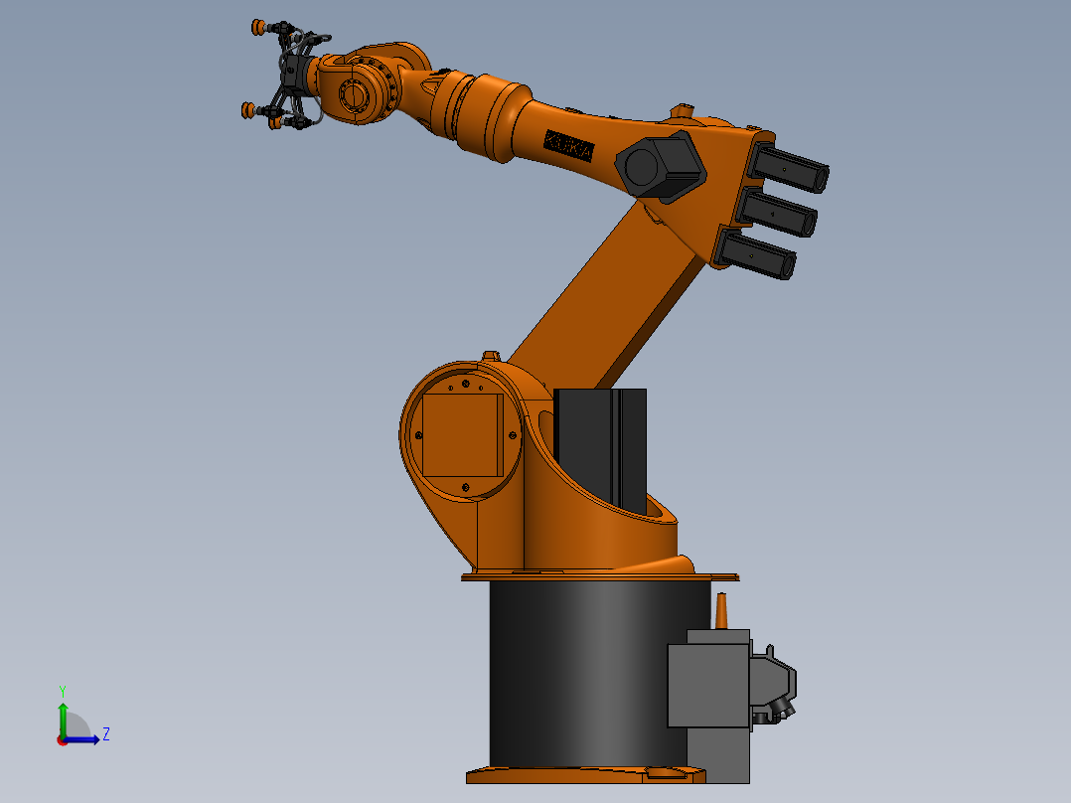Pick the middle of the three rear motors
[x=778, y=213]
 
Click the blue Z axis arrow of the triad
[x=83, y=739]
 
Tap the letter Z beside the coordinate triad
[x=105, y=734]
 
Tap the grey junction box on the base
[x=707, y=686]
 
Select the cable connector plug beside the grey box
[x=774, y=684]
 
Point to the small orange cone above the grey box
[x=722, y=611]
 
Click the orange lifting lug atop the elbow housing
[x=682, y=109]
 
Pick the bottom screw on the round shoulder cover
[x=465, y=486]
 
